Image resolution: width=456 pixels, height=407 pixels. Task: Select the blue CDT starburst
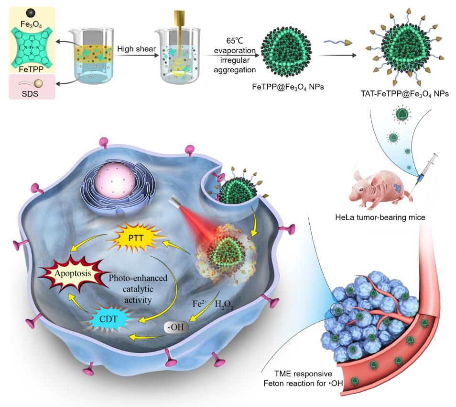pyautogui.click(x=109, y=317)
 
